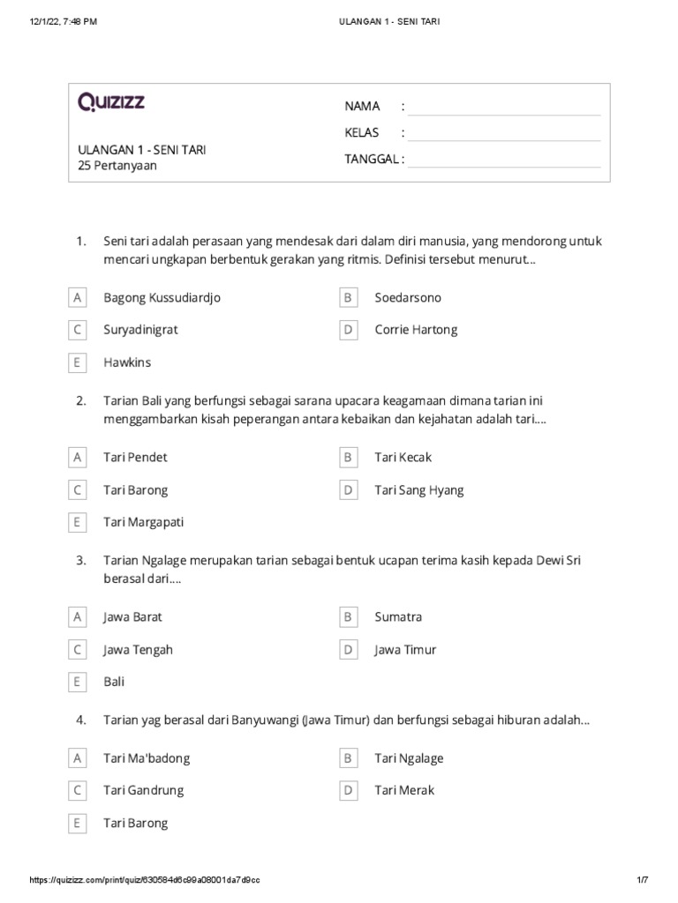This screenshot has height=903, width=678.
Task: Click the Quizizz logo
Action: click(111, 103)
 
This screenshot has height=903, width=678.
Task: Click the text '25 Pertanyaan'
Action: click(117, 165)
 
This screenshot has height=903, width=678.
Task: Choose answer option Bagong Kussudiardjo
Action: click(162, 298)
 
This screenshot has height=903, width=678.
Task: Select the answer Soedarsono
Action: click(408, 298)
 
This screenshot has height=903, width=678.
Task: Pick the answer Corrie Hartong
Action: click(416, 330)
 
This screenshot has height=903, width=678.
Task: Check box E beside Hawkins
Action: click(78, 362)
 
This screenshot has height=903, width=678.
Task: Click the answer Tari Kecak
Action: click(403, 458)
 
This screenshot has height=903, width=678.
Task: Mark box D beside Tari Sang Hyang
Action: click(349, 490)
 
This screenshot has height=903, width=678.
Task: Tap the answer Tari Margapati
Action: click(143, 522)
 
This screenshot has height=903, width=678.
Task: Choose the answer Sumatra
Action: click(398, 617)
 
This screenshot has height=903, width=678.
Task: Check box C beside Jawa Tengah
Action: click(78, 650)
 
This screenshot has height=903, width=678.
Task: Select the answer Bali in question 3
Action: click(114, 682)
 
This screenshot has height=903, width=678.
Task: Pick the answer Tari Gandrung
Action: click(143, 790)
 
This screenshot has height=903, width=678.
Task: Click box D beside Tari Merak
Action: click(349, 791)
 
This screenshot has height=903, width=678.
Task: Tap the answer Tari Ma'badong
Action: click(147, 758)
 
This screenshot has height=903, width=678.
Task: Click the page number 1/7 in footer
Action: click(641, 880)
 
